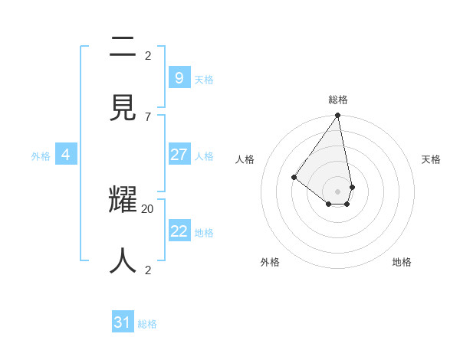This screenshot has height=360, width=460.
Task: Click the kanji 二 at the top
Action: (x=123, y=47)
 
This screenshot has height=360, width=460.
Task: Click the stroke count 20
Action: (x=148, y=208)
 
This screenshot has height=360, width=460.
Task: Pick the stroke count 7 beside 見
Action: (x=147, y=116)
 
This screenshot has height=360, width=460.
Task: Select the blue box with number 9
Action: (x=179, y=77)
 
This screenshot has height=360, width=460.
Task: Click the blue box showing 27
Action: (x=179, y=155)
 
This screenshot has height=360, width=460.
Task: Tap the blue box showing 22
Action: (x=179, y=231)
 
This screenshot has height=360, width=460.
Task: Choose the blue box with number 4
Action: (x=66, y=155)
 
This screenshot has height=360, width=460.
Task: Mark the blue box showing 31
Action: (x=123, y=322)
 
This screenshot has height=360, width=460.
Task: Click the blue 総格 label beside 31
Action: (x=147, y=324)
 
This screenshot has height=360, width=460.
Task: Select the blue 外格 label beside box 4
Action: (x=41, y=156)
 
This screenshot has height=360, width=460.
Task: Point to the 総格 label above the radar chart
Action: (x=338, y=100)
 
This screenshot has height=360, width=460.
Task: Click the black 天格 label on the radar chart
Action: (x=432, y=159)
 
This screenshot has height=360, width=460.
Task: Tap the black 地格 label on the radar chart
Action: (x=402, y=262)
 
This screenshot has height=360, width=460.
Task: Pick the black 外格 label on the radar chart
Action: (x=270, y=262)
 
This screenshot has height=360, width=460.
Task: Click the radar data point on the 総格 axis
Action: (x=337, y=116)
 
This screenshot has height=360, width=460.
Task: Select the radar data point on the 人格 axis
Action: (x=294, y=177)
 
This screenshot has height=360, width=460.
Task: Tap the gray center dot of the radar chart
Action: (x=337, y=191)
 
